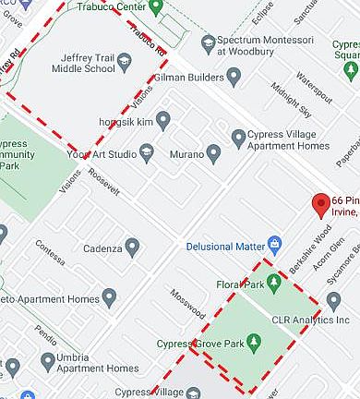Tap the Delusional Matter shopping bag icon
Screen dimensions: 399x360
(273, 246)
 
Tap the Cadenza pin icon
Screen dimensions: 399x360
(132, 248)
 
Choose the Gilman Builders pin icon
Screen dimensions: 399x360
(234, 79)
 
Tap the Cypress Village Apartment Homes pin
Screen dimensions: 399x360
(239, 139)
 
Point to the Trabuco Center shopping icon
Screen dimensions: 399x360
(155, 7)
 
